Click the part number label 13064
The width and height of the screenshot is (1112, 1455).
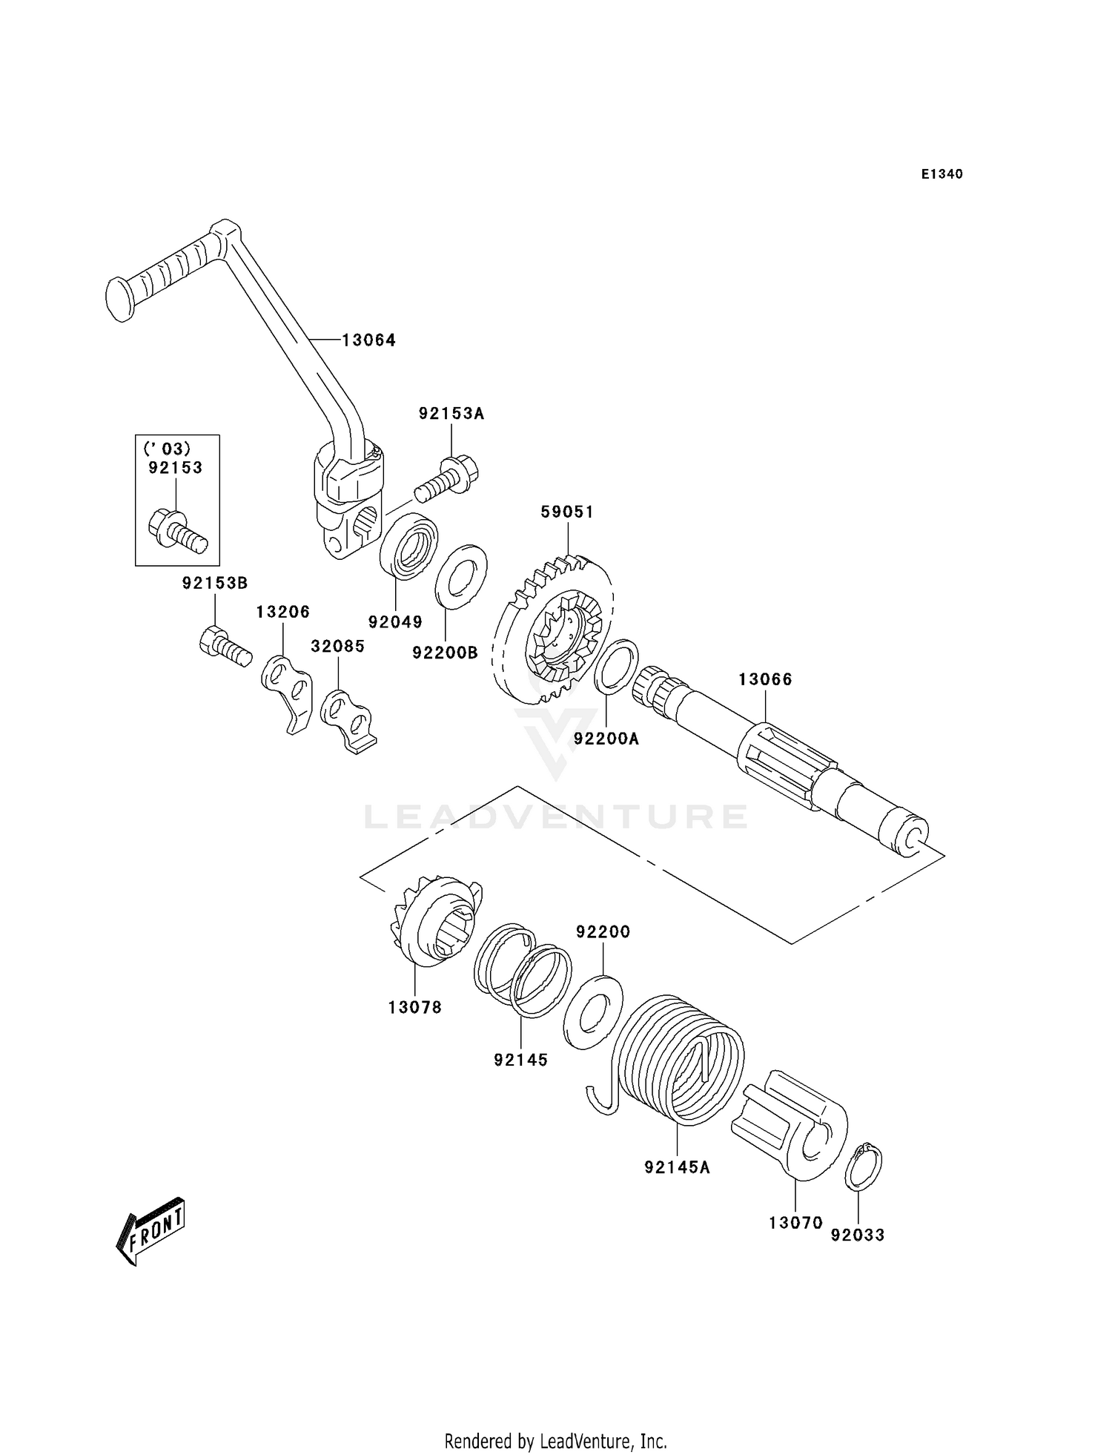pos(368,340)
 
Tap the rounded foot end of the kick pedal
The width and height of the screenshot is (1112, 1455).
pos(119,300)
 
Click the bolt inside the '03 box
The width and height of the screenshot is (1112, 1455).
pos(178,529)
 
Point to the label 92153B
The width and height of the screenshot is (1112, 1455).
pos(215,584)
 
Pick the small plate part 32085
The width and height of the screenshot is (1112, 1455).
pos(348,719)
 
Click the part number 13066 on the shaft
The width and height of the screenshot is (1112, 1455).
pos(765,679)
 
